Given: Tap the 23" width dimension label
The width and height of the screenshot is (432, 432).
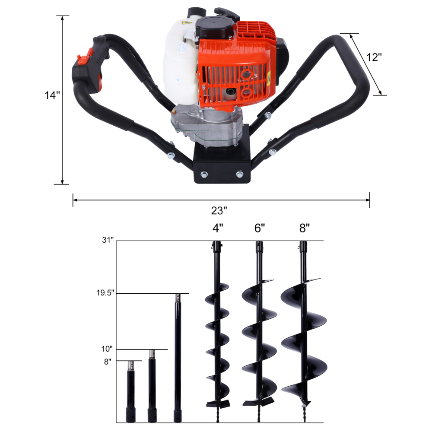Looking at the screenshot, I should [x=219, y=211].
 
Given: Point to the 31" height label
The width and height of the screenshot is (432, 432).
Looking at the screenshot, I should [x=108, y=240].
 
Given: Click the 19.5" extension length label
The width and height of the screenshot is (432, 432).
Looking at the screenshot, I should [x=105, y=293].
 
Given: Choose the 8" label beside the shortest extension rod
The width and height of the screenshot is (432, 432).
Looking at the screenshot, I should [x=108, y=361].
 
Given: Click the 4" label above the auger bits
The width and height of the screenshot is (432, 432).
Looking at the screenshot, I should [x=218, y=228].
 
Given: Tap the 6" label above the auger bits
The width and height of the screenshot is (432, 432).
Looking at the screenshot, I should [x=259, y=228].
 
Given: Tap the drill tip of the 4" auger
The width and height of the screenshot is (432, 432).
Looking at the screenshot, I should [x=216, y=415].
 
